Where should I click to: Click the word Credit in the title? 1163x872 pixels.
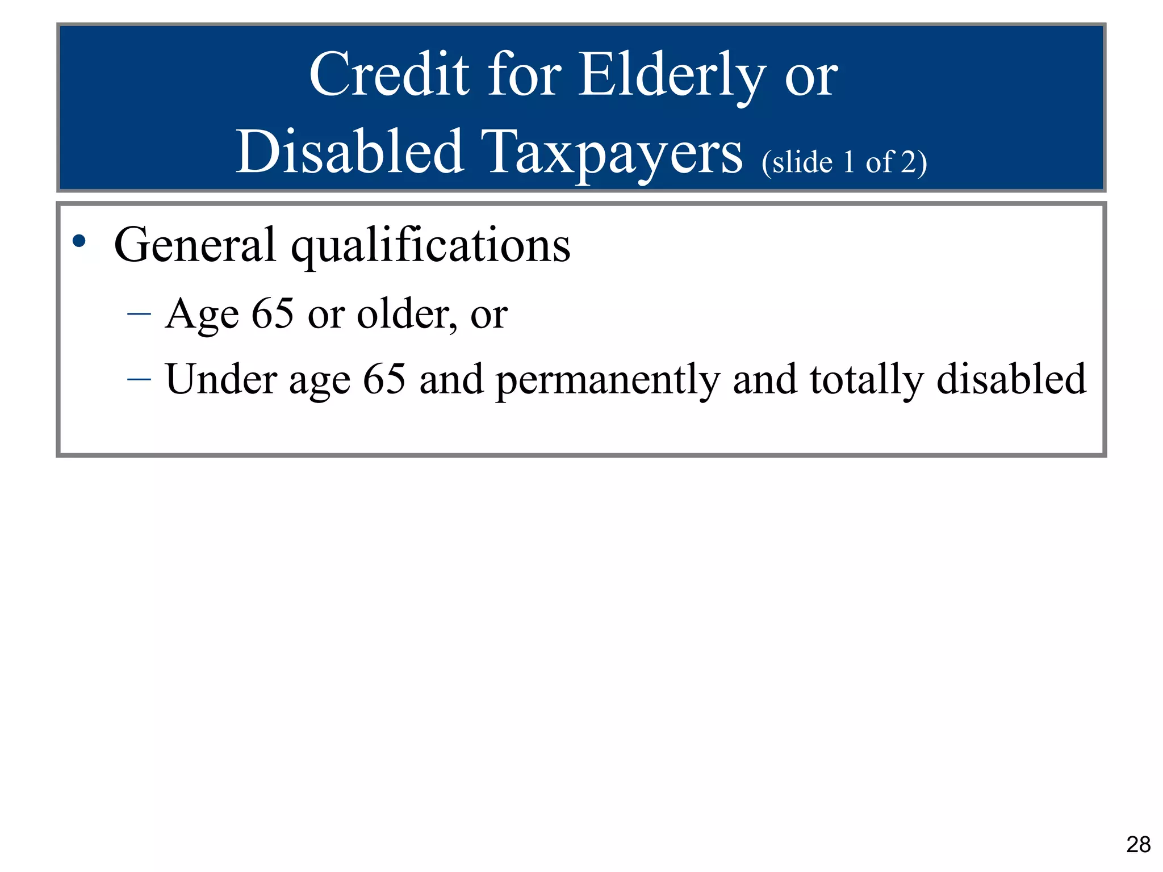pyautogui.click(x=389, y=74)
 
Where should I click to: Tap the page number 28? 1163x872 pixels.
pyautogui.click(x=1138, y=845)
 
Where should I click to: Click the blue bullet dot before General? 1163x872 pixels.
pyautogui.click(x=79, y=241)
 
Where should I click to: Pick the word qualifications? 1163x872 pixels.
pyautogui.click(x=430, y=246)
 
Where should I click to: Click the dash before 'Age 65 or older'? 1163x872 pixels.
pyautogui.click(x=139, y=313)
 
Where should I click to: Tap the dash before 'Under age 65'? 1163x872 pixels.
pyautogui.click(x=139, y=379)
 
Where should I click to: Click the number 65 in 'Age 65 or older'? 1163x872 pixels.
pyautogui.click(x=272, y=313)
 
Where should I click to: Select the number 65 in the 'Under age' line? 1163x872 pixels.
pyautogui.click(x=384, y=379)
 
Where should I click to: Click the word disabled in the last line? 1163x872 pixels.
pyautogui.click(x=1011, y=379)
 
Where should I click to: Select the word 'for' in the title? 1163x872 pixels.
pyautogui.click(x=524, y=74)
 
